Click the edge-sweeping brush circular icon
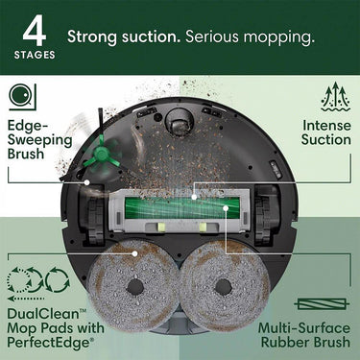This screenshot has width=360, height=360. (22, 97)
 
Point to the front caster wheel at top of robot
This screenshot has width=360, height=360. (179, 117)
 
